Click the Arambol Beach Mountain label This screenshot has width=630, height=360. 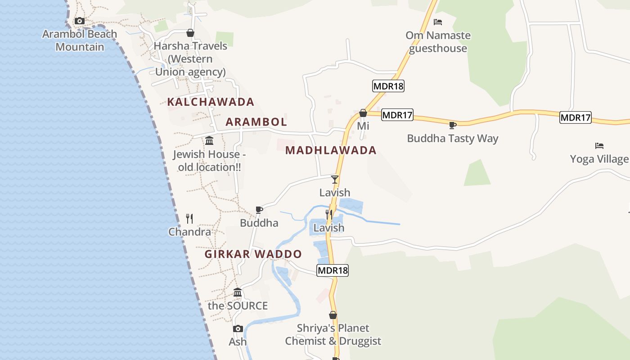coord(80,40)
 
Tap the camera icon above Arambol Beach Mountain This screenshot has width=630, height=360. coord(80,21)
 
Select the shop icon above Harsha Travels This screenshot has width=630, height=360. coord(190,33)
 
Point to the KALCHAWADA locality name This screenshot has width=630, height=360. coord(211,102)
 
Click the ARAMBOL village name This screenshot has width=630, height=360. coord(256,122)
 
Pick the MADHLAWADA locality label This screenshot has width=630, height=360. coord(331,150)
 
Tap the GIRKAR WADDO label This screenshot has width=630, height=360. coord(253,254)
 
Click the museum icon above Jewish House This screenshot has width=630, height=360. coord(209,141)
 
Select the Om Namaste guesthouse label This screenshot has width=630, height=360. coord(438,42)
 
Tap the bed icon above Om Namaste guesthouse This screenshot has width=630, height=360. coord(438,22)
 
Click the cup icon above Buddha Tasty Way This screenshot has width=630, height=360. coord(453,125)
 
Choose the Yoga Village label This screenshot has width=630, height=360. coord(599,159)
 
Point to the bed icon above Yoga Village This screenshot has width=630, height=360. coord(599,146)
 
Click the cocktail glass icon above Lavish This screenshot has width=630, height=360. coord(335,180)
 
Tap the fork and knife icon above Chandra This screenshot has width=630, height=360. coord(189,219)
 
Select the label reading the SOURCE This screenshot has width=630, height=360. coord(238,306)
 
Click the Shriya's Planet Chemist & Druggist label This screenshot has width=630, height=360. coord(333,335)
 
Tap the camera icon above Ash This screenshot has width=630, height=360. coord(238,329)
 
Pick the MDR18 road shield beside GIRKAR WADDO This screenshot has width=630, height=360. coord(333,270)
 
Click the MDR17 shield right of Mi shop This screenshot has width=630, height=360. coord(397,115)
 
